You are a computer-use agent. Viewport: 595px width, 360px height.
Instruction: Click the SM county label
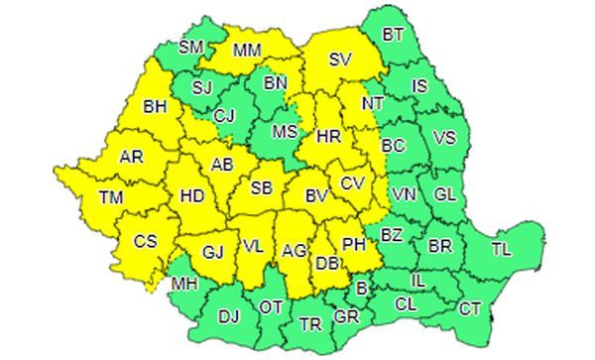pos(191,46)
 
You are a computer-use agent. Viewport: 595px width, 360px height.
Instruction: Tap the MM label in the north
pos(246,50)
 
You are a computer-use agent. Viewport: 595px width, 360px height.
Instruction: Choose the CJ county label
pos(226,116)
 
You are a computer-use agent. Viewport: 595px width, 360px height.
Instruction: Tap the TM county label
pos(111,198)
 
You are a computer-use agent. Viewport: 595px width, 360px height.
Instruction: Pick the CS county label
pos(146,240)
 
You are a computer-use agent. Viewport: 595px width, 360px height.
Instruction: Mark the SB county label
pos(262,188)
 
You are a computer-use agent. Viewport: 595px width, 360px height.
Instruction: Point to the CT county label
pos(470,308)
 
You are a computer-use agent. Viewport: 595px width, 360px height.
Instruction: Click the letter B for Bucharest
pos(361,288)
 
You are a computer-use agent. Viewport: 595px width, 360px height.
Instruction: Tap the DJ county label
pos(228,316)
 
